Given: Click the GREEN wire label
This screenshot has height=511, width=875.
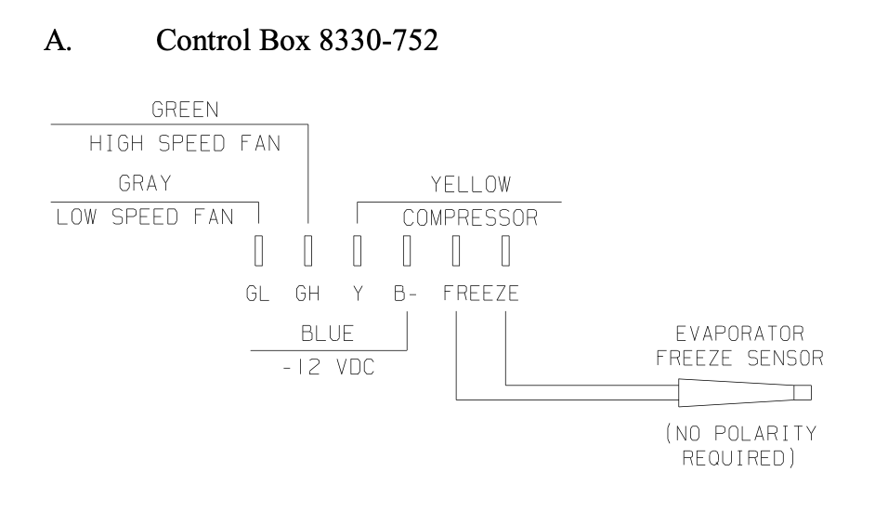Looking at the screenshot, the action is [x=185, y=110].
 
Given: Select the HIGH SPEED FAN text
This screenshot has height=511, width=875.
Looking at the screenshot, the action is [x=185, y=143].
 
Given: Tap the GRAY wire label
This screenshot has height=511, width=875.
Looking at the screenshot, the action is [x=145, y=183].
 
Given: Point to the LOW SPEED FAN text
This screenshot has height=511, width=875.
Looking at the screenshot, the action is [x=145, y=216].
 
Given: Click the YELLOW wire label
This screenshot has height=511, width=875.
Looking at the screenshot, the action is [x=470, y=184].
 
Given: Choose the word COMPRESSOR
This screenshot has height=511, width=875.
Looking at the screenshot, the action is [x=470, y=217].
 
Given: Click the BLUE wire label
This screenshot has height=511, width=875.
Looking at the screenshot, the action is [x=328, y=334].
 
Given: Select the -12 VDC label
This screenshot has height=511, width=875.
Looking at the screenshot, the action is [x=328, y=368].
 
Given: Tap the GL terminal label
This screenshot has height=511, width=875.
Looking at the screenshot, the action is [x=258, y=294].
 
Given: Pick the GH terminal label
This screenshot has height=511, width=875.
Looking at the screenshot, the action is [x=307, y=294].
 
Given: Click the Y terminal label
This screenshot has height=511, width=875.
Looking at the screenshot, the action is [x=358, y=294].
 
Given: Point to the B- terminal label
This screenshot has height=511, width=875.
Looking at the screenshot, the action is [x=405, y=294].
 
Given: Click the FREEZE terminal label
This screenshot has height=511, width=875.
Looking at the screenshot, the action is [x=481, y=294].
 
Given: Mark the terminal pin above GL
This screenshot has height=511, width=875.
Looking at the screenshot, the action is [x=258, y=250].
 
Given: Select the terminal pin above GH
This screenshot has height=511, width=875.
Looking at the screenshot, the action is [x=308, y=250].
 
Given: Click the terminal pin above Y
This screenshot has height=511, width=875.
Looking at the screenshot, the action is [x=357, y=250].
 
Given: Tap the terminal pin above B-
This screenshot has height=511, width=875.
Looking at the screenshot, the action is [x=407, y=250].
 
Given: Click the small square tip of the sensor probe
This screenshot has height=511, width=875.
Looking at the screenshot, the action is [x=803, y=393].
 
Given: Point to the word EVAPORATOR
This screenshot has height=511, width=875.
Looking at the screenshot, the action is [x=740, y=334].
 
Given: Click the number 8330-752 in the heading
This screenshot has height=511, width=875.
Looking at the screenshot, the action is [x=379, y=41].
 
